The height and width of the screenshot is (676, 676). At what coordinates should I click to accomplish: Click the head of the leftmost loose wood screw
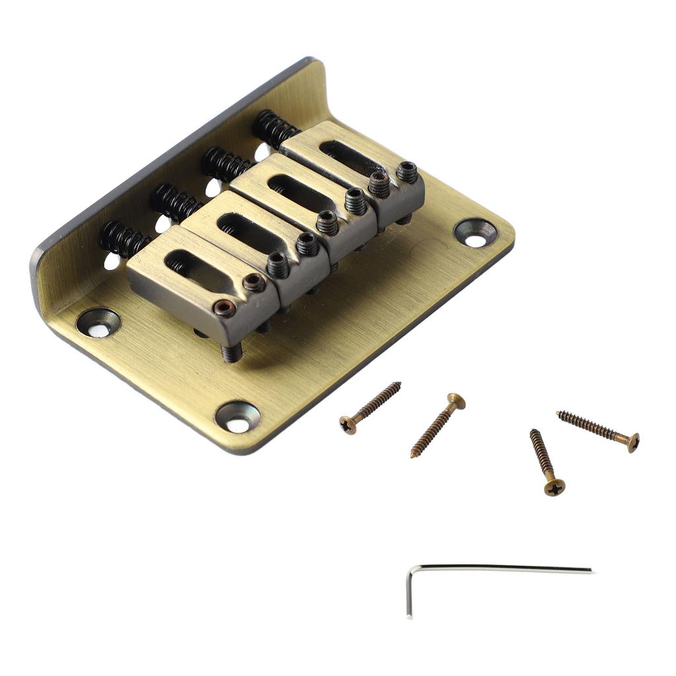click(348, 424)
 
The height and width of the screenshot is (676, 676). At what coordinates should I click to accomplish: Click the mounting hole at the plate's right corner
click(475, 232)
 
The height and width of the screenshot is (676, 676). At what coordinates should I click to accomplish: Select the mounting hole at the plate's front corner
click(238, 417)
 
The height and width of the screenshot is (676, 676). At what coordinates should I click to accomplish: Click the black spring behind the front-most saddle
click(123, 240)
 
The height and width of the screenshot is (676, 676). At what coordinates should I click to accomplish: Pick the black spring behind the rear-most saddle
click(275, 128)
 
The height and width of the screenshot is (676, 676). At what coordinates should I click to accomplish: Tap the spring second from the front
click(174, 202)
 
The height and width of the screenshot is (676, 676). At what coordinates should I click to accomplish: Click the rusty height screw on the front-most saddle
click(225, 308)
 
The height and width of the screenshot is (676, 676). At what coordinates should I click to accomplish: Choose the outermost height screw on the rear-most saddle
click(407, 172)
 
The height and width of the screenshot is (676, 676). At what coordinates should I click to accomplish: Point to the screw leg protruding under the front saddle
click(232, 353)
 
